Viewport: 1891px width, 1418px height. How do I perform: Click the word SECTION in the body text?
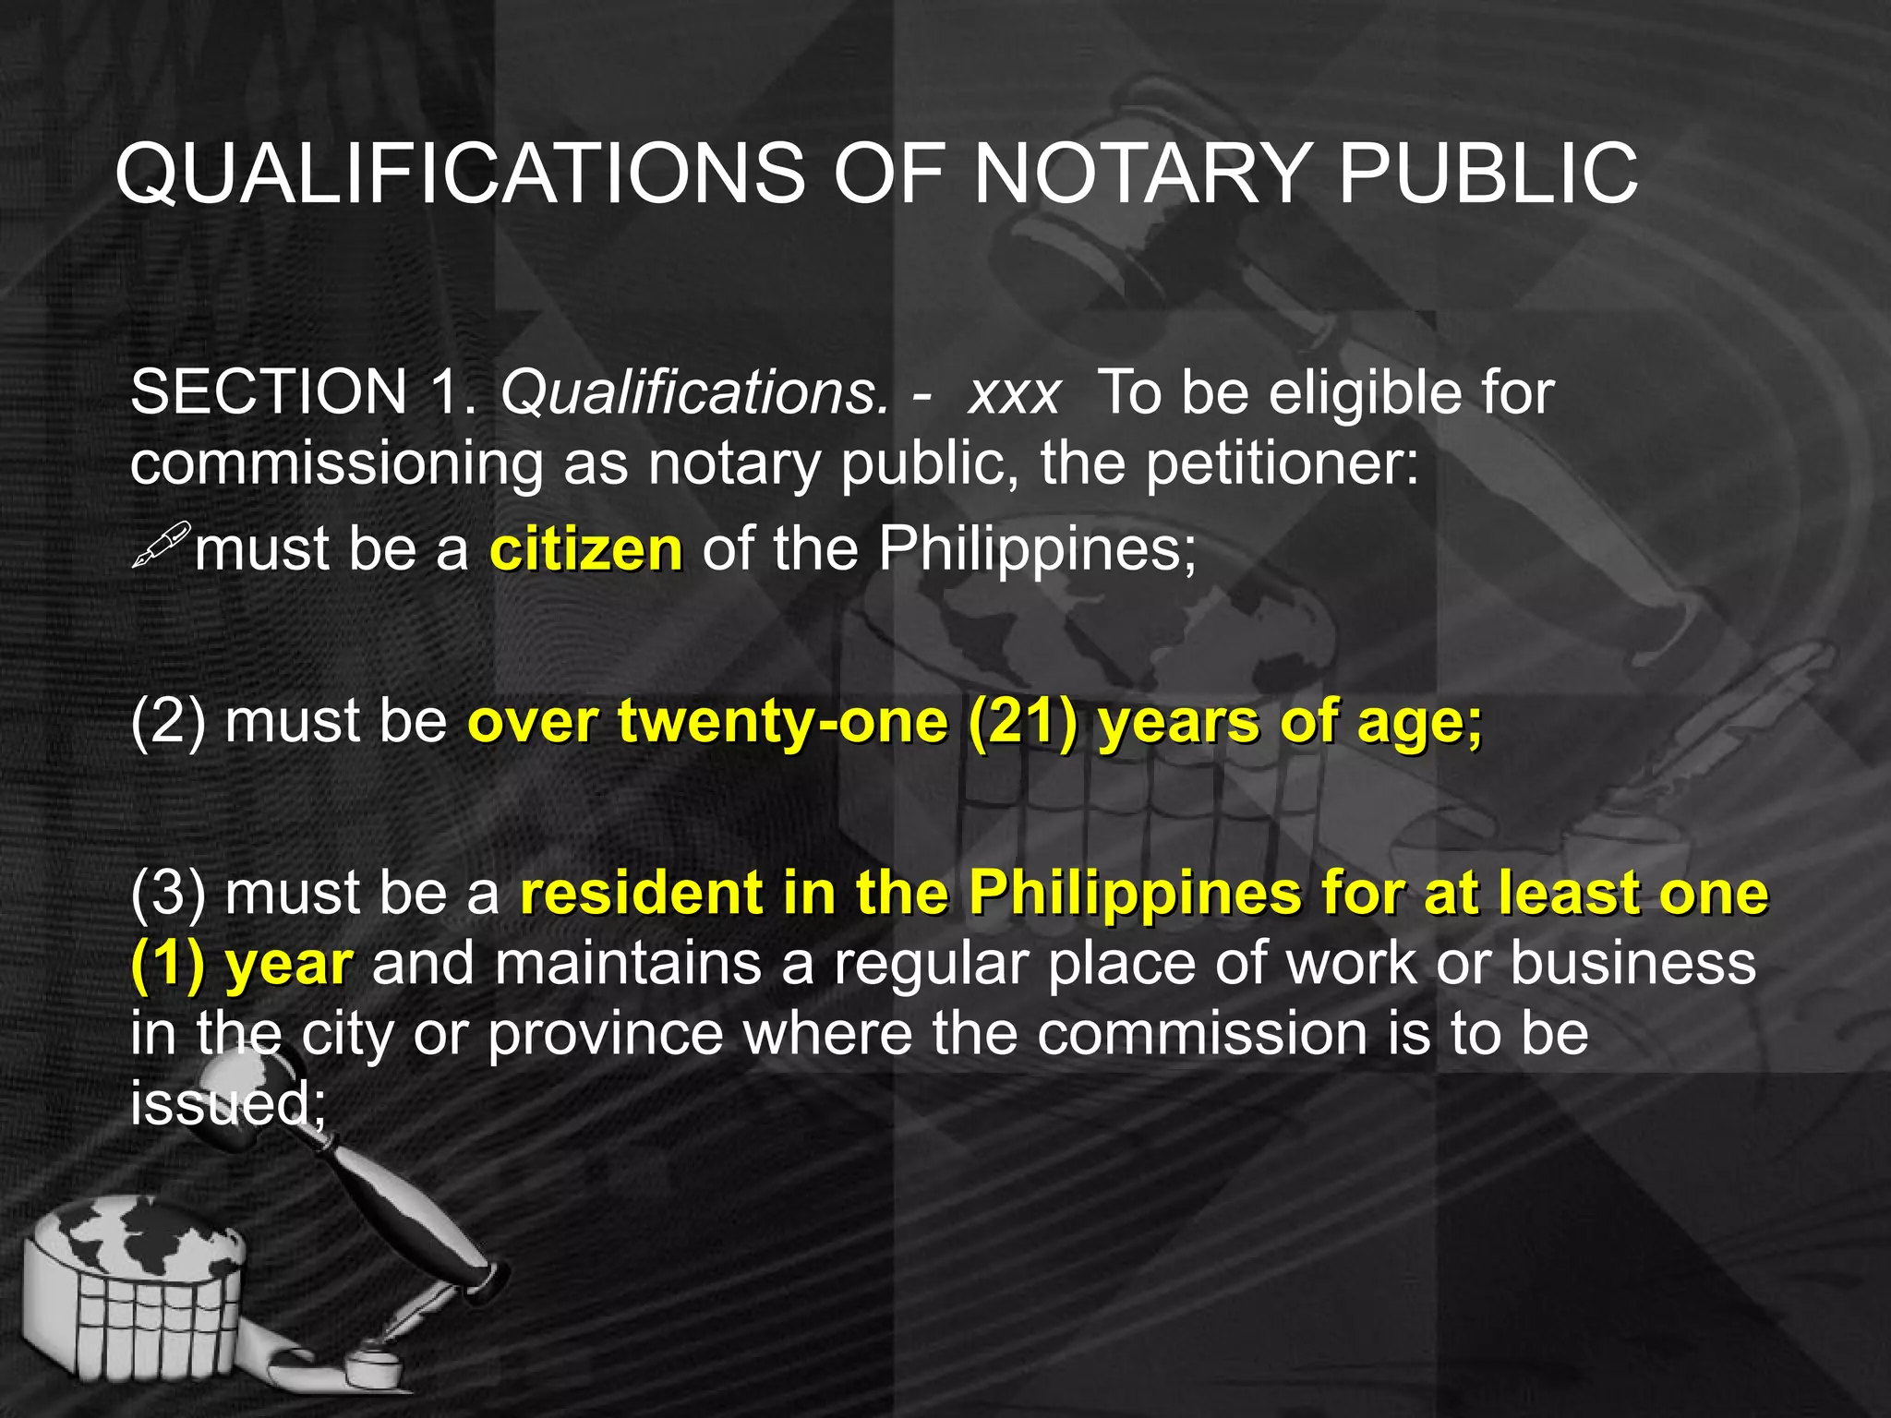pyautogui.click(x=269, y=392)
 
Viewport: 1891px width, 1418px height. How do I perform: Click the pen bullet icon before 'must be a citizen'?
pyautogui.click(x=161, y=545)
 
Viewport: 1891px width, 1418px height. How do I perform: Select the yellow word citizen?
pyautogui.click(x=586, y=550)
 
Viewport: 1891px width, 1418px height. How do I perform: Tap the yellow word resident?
pyautogui.click(x=642, y=894)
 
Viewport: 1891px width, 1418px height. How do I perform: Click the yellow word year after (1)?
pyautogui.click(x=289, y=964)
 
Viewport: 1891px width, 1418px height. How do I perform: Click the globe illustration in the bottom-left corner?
pyautogui.click(x=129, y=1265)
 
